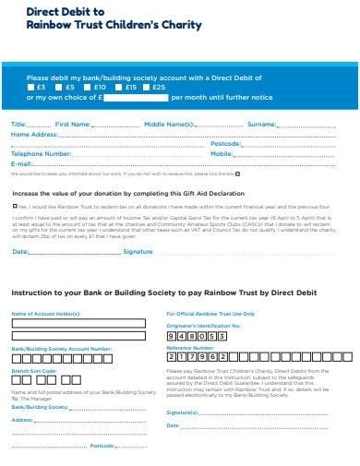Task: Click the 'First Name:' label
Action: (74, 124)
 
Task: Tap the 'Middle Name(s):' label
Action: (168, 124)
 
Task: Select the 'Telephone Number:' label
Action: (41, 153)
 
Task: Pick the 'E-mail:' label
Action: (21, 162)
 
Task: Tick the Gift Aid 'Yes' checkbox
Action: (15, 207)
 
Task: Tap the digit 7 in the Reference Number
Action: (198, 356)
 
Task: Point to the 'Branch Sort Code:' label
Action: (34, 370)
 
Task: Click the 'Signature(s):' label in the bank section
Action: (183, 412)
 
